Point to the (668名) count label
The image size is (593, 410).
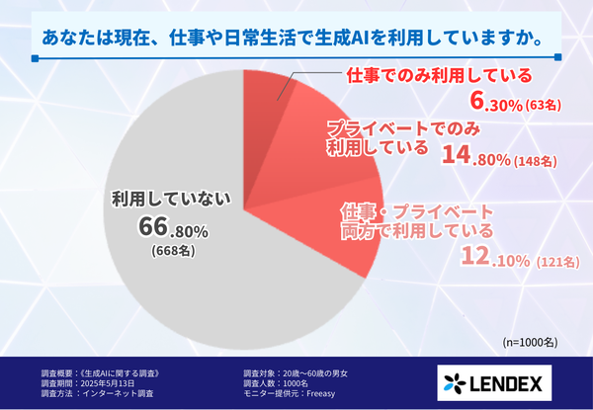pyautogui.click(x=172, y=252)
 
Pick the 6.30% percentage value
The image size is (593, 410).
pyautogui.click(x=500, y=101)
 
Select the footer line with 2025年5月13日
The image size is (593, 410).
pyautogui.click(x=86, y=381)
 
